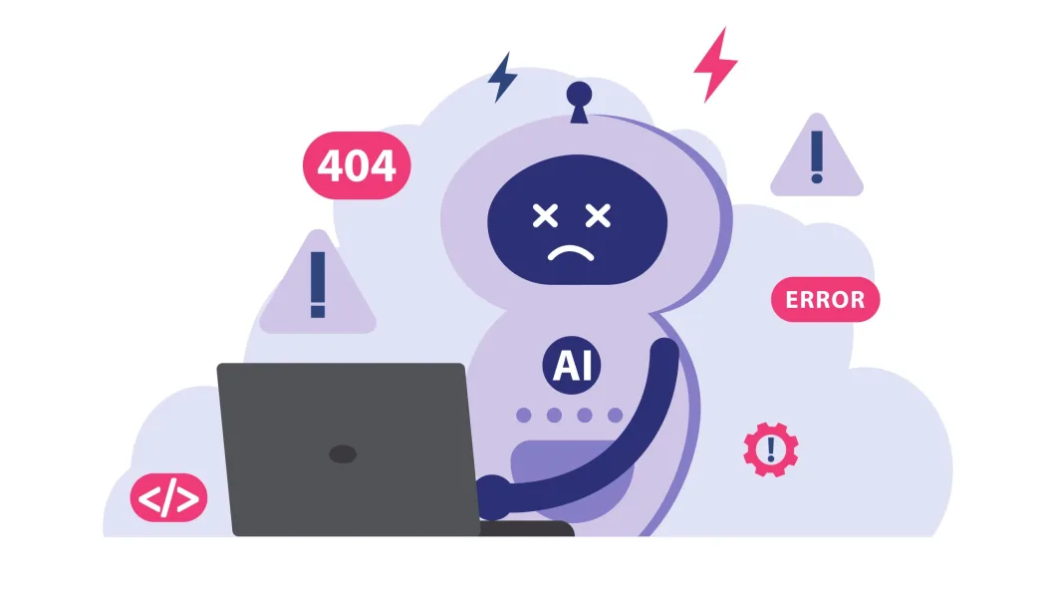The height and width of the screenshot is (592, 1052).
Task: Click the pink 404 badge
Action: [x=356, y=165]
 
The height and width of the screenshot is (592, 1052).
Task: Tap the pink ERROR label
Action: [x=825, y=299]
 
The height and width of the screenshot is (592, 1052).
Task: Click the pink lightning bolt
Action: [x=715, y=62]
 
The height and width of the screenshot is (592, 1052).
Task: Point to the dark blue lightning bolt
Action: [x=503, y=77]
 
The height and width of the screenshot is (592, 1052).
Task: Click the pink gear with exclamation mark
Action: [x=770, y=449]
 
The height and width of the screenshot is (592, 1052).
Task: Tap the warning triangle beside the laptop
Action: [x=318, y=286]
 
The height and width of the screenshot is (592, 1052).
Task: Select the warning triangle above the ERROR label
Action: [x=817, y=159]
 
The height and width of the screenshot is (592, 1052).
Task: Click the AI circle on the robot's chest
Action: [x=572, y=366]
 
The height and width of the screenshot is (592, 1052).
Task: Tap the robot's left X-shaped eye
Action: [x=545, y=214]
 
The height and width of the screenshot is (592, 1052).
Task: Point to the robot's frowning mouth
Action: [x=570, y=251]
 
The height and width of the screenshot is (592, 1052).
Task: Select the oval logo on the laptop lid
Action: [x=343, y=454]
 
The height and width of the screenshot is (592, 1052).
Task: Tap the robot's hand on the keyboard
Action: [x=492, y=493]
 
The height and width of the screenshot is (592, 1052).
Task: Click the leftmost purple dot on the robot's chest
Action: [x=524, y=415]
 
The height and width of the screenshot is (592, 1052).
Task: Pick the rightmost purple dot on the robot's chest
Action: [x=615, y=415]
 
